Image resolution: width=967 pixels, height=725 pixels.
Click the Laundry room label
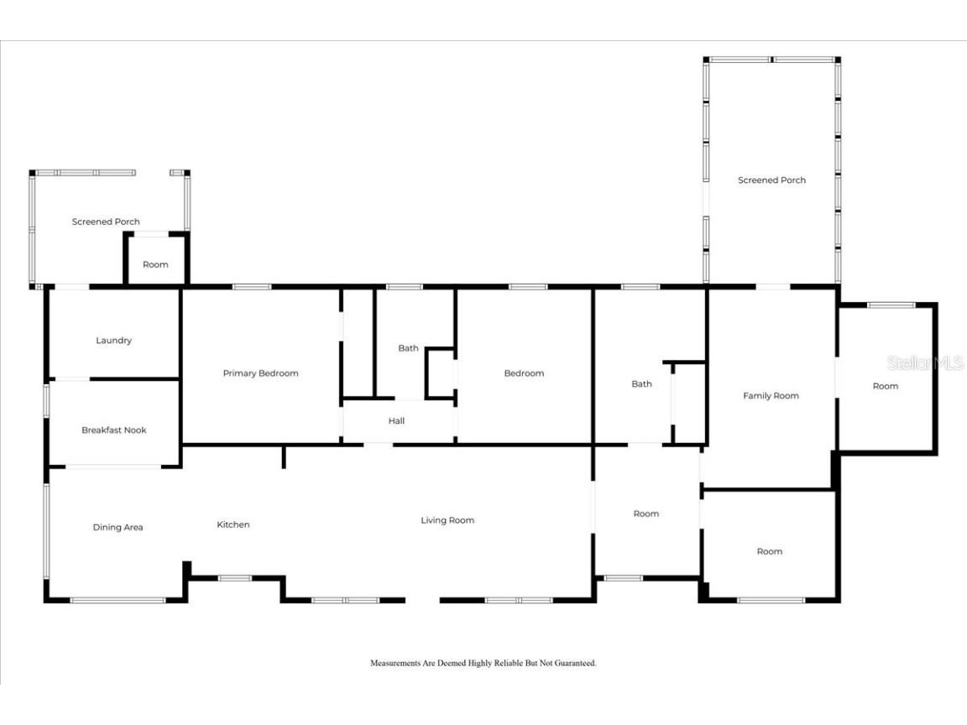(113, 341)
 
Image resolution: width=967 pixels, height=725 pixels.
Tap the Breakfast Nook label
(114, 430)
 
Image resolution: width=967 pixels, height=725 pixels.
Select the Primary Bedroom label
(261, 373)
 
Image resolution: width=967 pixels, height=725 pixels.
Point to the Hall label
(396, 421)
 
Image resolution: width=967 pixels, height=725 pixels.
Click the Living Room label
(447, 520)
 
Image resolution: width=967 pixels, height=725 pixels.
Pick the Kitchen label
(233, 524)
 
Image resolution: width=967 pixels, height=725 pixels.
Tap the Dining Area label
(118, 528)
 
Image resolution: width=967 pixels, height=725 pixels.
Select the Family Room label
(771, 396)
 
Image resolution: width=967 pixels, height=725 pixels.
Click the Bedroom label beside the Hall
(524, 373)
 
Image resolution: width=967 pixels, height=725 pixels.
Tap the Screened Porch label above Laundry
(106, 222)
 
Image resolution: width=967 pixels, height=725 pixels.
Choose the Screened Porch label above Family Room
(772, 180)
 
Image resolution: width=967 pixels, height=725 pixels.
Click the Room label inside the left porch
(155, 264)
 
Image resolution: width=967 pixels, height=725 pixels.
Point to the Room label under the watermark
(886, 387)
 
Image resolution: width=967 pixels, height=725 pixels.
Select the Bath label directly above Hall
(408, 348)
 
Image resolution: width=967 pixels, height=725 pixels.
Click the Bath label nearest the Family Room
(641, 384)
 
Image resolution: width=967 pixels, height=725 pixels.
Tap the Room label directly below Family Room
(770, 552)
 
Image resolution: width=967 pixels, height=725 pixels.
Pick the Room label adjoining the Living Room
(646, 514)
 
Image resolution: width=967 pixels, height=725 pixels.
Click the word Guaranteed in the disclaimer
(575, 664)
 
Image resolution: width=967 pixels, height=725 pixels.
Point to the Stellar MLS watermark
(924, 363)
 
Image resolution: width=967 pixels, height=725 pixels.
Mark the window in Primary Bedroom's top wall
(252, 287)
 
